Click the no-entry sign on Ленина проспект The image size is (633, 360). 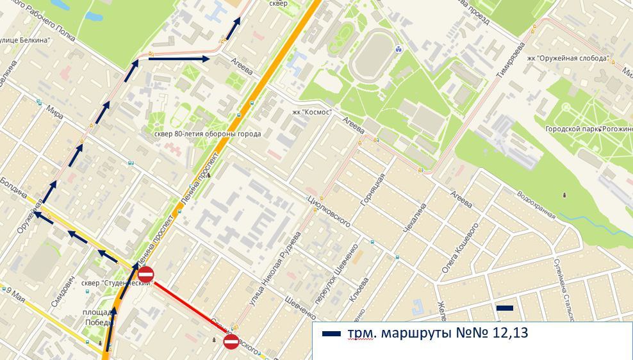[146, 275]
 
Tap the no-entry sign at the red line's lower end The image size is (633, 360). [231, 341]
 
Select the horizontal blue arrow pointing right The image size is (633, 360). [179, 59]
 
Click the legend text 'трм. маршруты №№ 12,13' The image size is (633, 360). [438, 333]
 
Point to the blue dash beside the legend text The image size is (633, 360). [331, 334]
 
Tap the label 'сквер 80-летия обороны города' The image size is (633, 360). [208, 134]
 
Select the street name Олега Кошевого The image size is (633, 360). [460, 249]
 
